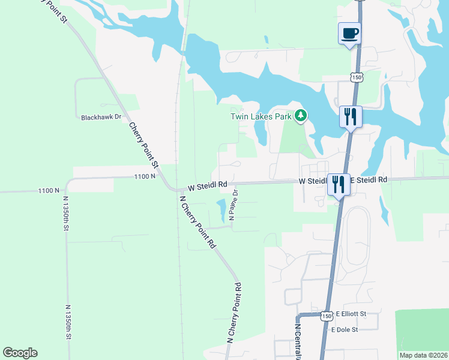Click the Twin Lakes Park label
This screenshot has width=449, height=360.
[261, 116]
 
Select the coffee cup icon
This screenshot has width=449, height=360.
[349, 34]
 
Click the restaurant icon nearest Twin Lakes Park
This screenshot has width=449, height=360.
[351, 116]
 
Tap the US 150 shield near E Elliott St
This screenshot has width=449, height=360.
[327, 315]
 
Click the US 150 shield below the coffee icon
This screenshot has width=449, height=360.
[357, 77]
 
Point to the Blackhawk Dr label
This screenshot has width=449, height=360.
[101, 118]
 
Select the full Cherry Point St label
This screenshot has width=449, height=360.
[143, 145]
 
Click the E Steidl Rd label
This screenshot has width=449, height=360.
[369, 179]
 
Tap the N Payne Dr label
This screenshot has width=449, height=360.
[236, 205]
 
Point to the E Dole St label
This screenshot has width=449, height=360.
[345, 329]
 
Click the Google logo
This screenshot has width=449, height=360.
[20, 353]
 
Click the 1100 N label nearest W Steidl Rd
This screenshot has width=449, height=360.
[145, 176]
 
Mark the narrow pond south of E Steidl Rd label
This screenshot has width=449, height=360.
[383, 208]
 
